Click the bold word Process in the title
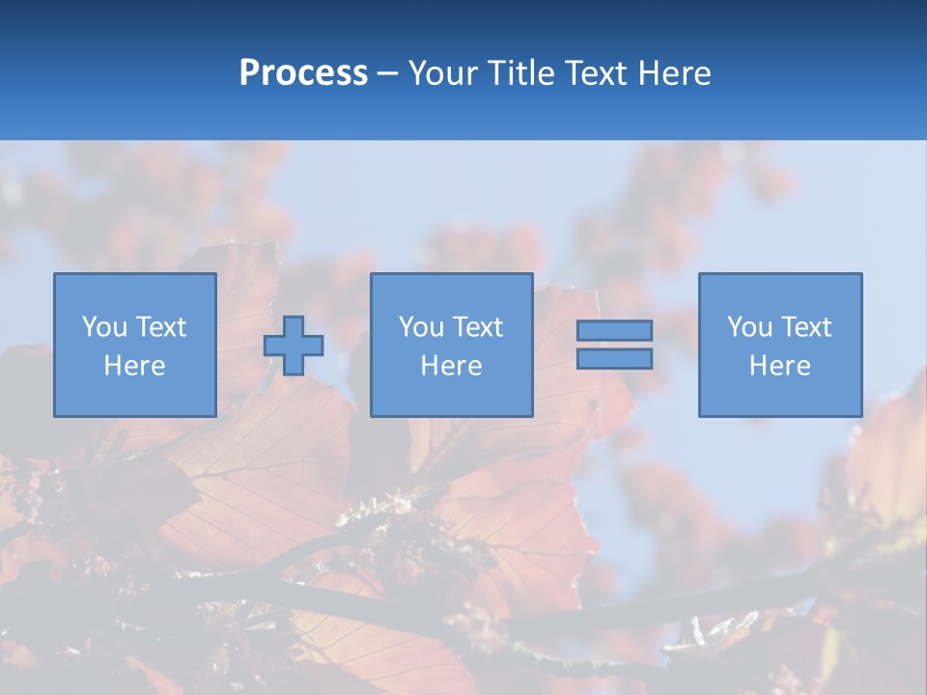(x=303, y=73)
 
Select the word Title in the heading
(x=521, y=73)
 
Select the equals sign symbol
(x=614, y=345)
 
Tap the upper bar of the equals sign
(x=614, y=330)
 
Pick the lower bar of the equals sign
(x=614, y=358)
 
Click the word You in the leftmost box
(x=104, y=327)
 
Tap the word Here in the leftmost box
(x=135, y=366)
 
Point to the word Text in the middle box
(x=478, y=327)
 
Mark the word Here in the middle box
(x=452, y=366)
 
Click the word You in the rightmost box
(x=749, y=327)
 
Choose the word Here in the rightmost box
(x=780, y=366)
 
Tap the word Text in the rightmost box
(x=806, y=327)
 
